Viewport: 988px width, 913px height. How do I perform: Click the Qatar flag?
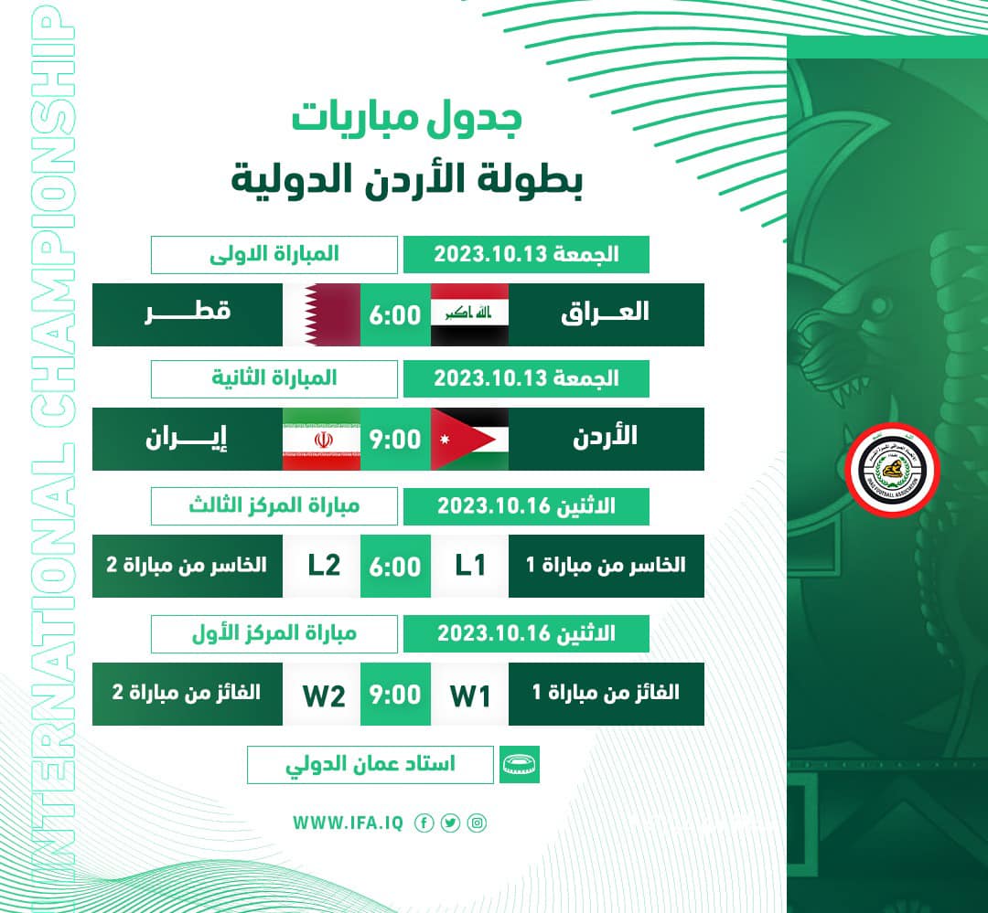tap(321, 314)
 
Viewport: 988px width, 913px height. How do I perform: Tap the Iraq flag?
tap(469, 314)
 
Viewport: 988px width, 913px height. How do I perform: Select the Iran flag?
tap(321, 439)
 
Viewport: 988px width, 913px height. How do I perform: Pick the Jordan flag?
tap(469, 439)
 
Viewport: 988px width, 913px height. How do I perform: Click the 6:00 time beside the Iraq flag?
tap(395, 314)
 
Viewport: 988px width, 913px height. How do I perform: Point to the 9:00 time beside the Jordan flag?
tap(395, 439)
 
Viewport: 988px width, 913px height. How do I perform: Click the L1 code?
tap(470, 566)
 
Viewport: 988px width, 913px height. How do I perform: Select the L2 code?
tap(324, 566)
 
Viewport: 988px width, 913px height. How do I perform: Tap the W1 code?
tap(470, 695)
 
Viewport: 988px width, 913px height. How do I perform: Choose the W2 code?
tap(324, 695)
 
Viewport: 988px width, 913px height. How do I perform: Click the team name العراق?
tap(605, 313)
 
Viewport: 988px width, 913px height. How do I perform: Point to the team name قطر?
tap(188, 313)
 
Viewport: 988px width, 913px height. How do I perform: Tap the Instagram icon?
tap(477, 823)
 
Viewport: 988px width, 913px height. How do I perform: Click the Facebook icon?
tap(424, 823)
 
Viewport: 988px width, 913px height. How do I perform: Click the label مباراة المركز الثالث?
tap(274, 505)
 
